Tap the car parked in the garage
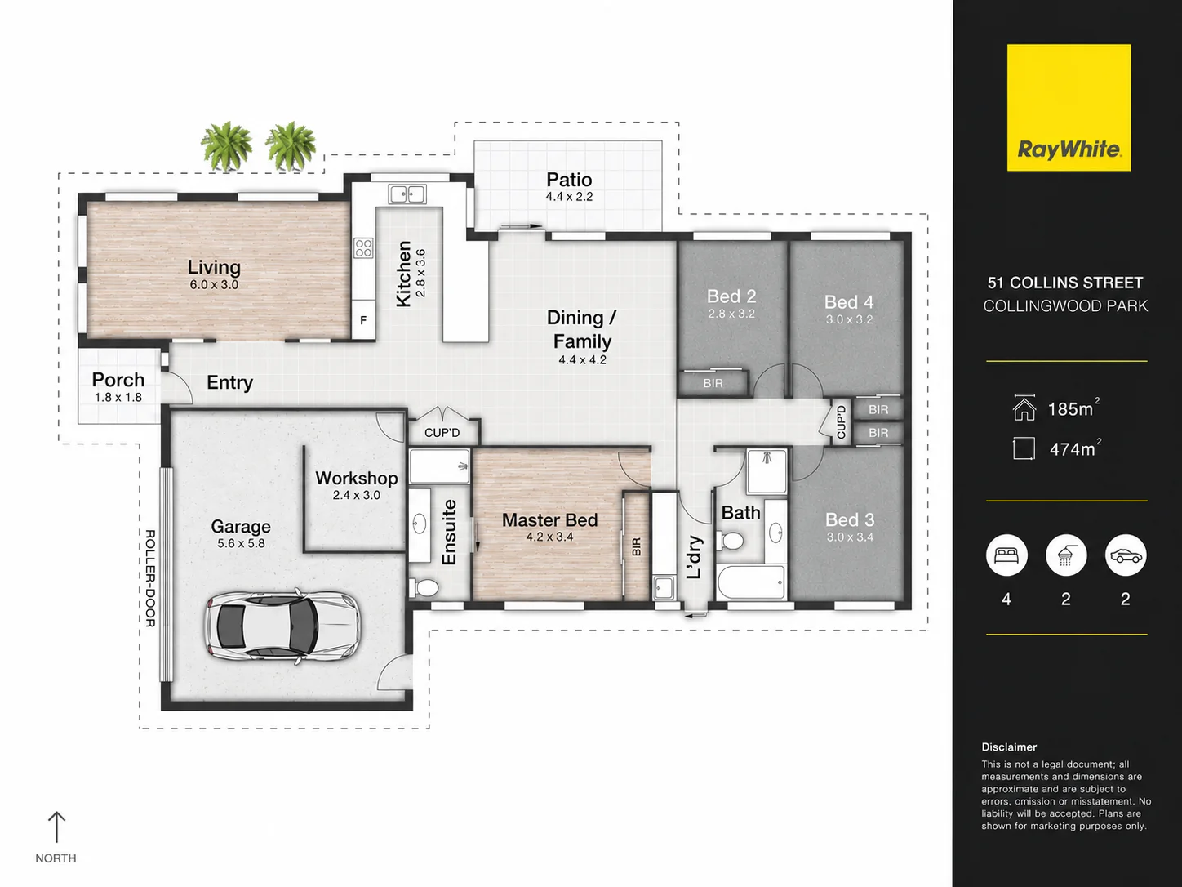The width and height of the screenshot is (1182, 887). coord(282,626)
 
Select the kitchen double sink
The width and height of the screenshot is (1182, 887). coord(407,194)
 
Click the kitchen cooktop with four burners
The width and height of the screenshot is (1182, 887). coord(363,248)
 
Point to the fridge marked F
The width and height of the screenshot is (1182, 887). coord(363,320)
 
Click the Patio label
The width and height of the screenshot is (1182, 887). coord(569,180)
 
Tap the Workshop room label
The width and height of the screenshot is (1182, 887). coord(357,479)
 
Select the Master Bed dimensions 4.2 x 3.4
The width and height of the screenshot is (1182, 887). coord(550,537)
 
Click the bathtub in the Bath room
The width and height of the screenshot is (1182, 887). coord(751,582)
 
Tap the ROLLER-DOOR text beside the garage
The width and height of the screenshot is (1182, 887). coord(150,578)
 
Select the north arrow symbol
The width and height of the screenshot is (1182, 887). coord(56,827)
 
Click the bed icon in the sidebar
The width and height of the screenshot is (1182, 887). coord(1006,555)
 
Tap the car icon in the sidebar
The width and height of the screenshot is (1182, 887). coord(1126,555)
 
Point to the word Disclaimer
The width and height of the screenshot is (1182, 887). coord(1008,747)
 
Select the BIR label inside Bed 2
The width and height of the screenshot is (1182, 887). coord(713,383)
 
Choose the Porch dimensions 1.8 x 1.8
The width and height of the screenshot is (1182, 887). coord(118,398)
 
